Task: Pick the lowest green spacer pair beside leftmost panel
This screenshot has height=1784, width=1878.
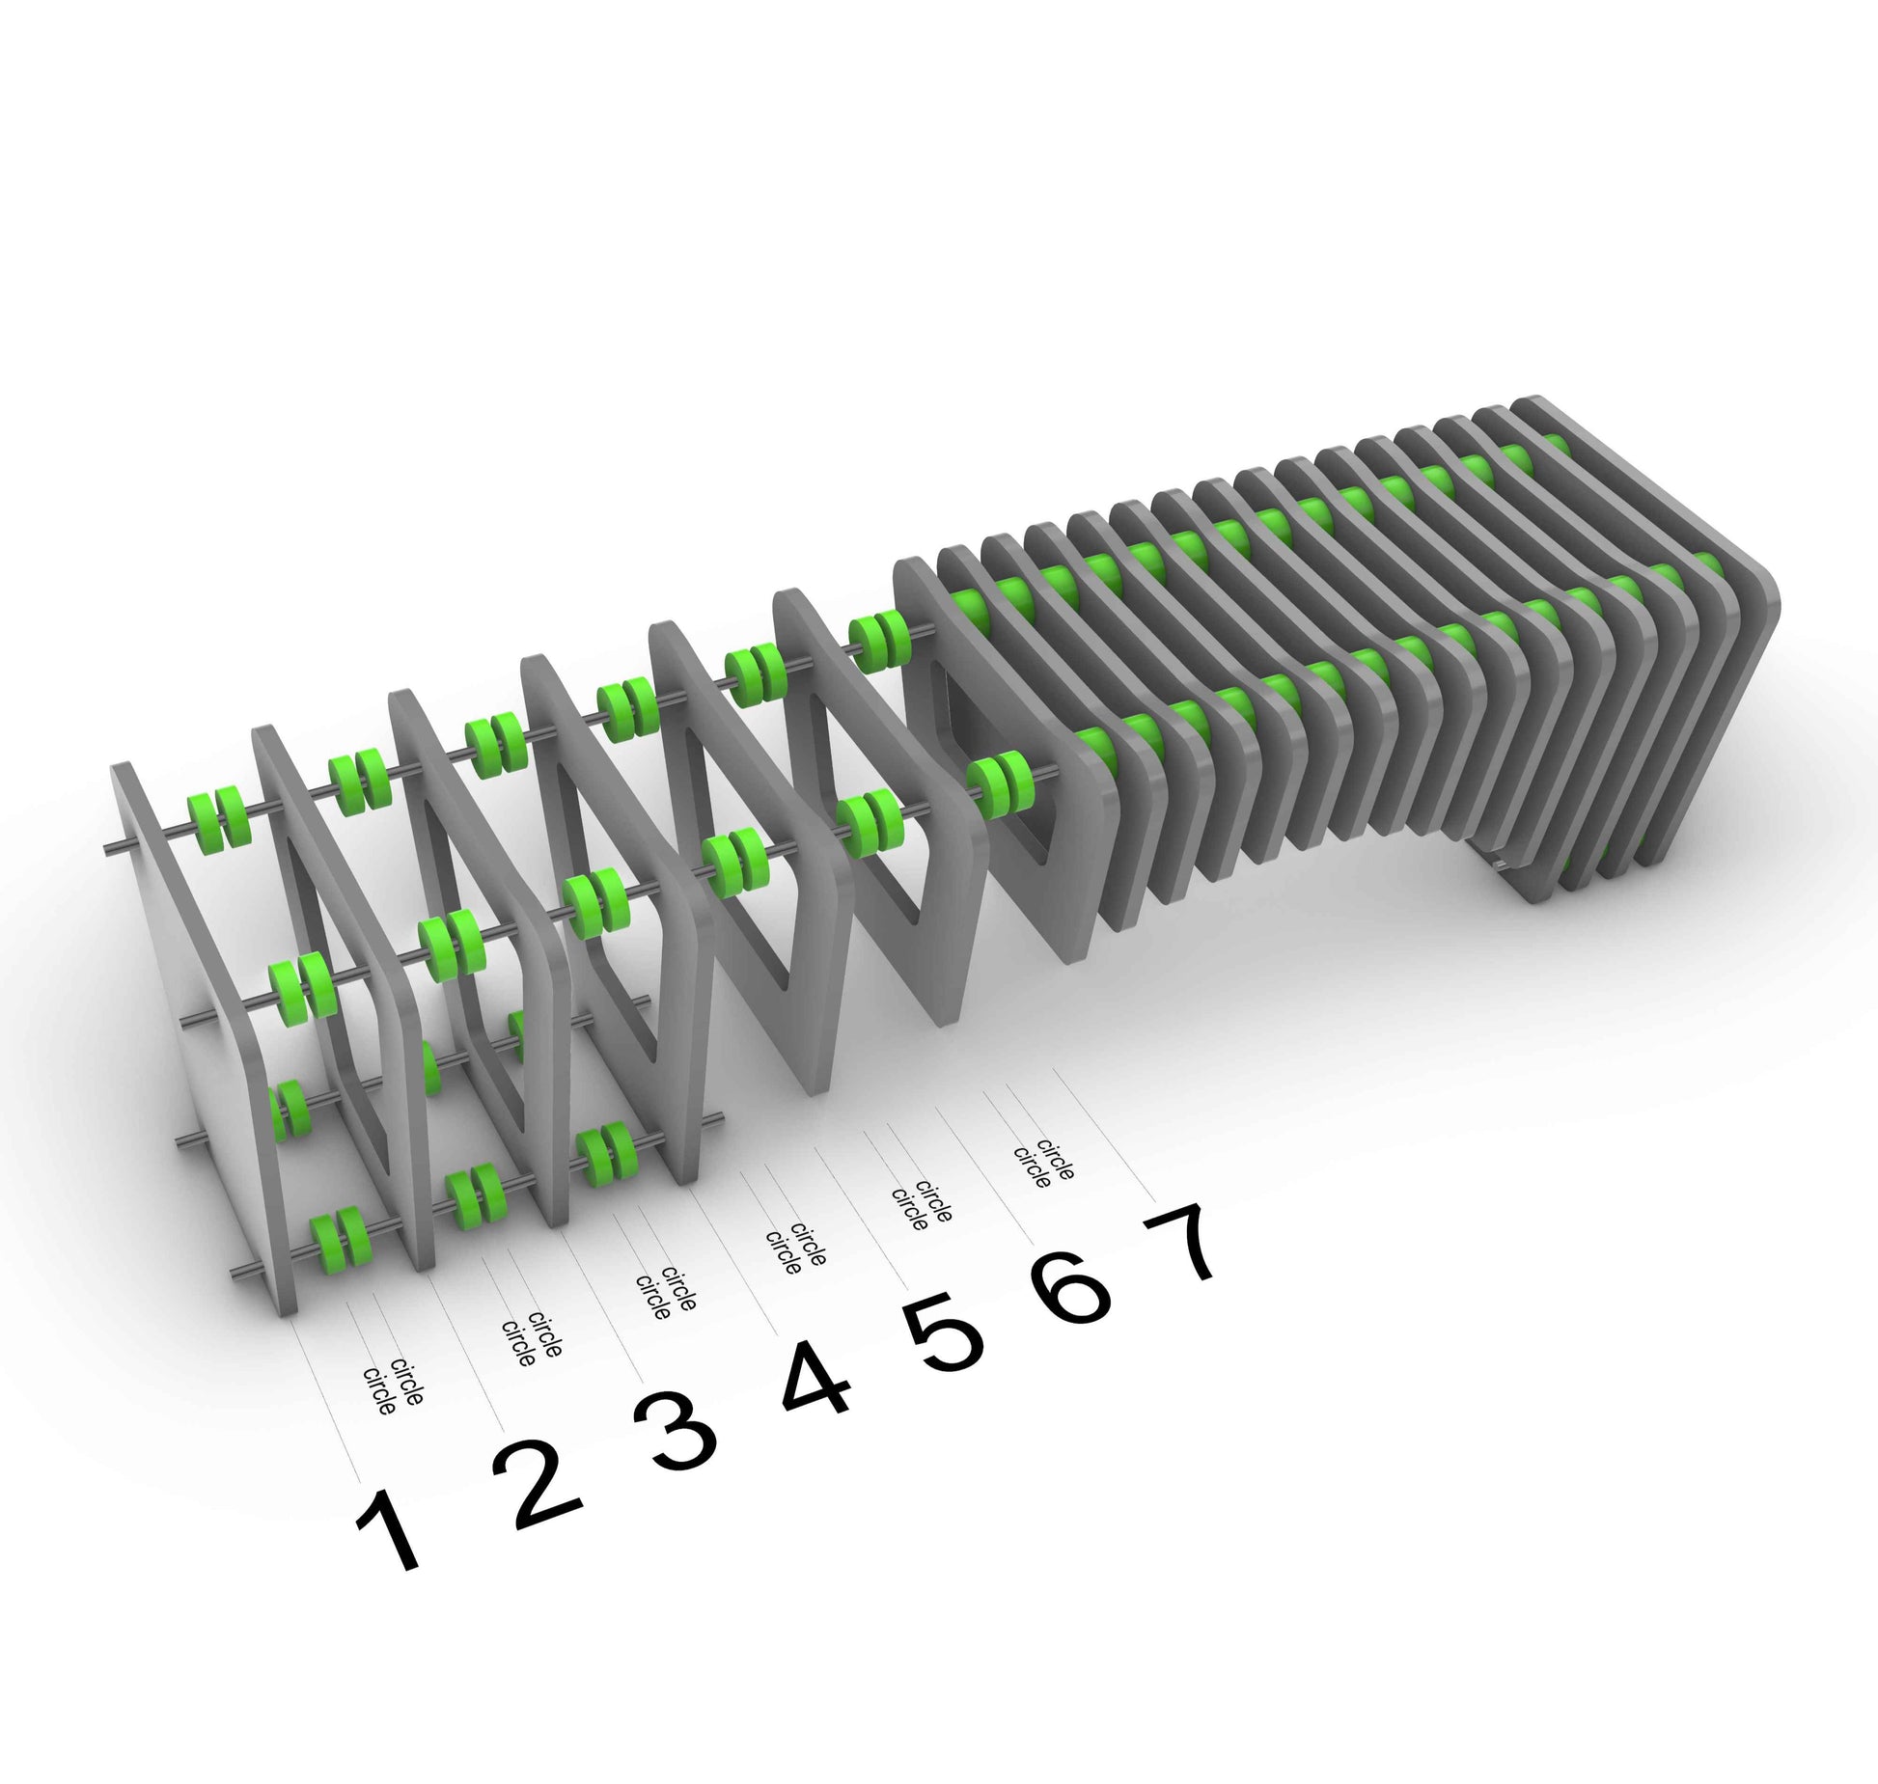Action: tap(338, 1237)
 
